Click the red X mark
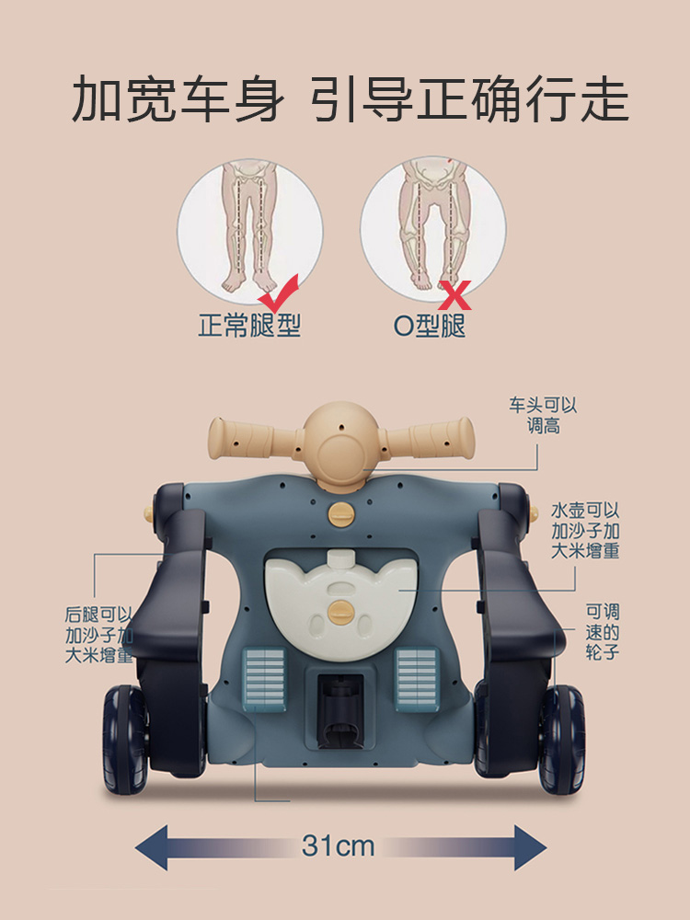click(x=455, y=295)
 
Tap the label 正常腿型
click(x=249, y=325)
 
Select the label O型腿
click(x=430, y=325)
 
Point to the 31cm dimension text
click(x=339, y=846)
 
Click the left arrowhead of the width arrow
click(x=152, y=847)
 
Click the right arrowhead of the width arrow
click(x=531, y=847)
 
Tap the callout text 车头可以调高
click(x=544, y=415)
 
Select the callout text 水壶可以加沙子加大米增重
click(x=585, y=531)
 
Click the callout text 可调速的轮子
click(x=603, y=631)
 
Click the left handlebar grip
click(x=240, y=438)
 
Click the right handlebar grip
click(x=442, y=438)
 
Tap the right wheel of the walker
click(x=562, y=740)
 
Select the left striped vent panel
click(x=264, y=680)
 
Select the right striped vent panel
click(x=418, y=680)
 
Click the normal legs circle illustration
click(x=250, y=231)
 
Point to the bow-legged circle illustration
click(x=433, y=229)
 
